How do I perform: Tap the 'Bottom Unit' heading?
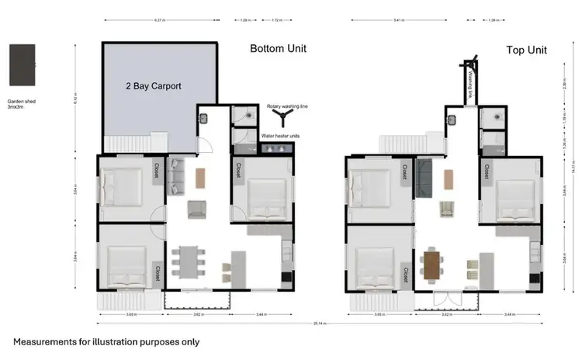click(x=278, y=49)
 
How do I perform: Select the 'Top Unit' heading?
click(x=526, y=50)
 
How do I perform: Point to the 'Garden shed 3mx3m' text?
click(x=21, y=104)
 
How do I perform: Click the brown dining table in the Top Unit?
click(x=431, y=264)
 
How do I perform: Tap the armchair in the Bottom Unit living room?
click(x=196, y=208)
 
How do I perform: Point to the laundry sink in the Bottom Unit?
click(x=203, y=119)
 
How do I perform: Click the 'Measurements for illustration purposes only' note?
click(x=106, y=341)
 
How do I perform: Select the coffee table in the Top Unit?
click(x=447, y=178)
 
